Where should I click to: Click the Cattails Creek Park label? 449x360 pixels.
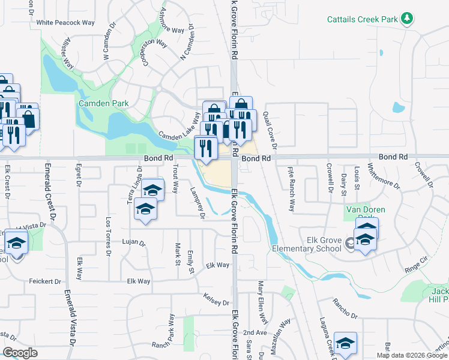click(x=363, y=19)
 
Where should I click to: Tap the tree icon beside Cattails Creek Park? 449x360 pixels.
click(x=408, y=19)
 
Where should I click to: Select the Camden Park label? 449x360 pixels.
click(x=104, y=103)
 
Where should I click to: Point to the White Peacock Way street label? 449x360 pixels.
click(x=65, y=23)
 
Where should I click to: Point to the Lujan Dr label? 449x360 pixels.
click(x=134, y=243)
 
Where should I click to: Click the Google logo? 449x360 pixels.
click(x=20, y=353)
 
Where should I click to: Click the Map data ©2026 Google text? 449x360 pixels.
click(x=411, y=355)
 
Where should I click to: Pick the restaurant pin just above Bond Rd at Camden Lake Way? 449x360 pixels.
click(x=206, y=148)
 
